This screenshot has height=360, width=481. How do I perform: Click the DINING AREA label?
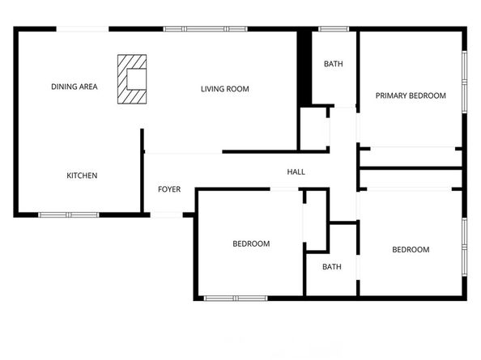pyautogui.click(x=74, y=87)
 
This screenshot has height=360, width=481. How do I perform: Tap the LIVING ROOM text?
pyautogui.click(x=224, y=89)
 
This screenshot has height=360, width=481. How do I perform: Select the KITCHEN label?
pyautogui.click(x=82, y=176)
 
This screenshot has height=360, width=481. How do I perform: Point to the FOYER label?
pyautogui.click(x=168, y=189)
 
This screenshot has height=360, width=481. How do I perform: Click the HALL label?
pyautogui.click(x=296, y=172)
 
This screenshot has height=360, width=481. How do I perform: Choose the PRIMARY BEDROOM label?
pyautogui.click(x=411, y=95)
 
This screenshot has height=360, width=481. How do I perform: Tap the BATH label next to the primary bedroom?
pyautogui.click(x=333, y=64)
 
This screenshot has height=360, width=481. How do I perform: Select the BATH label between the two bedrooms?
pyautogui.click(x=331, y=267)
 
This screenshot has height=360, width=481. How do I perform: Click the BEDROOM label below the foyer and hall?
pyautogui.click(x=251, y=244)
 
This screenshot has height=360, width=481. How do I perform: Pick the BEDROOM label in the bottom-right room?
pyautogui.click(x=411, y=250)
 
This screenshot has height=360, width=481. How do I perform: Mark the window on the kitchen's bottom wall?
pyautogui.click(x=68, y=215)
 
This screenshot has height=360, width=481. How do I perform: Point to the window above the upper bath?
pyautogui.click(x=333, y=29)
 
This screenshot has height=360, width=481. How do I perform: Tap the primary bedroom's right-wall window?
pyautogui.click(x=465, y=79)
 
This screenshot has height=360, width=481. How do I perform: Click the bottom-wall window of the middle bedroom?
pyautogui.click(x=235, y=298)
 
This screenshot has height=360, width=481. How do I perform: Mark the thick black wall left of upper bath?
pyautogui.click(x=304, y=68)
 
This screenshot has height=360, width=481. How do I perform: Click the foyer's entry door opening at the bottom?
pyautogui.click(x=168, y=214)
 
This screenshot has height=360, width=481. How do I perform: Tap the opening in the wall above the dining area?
pyautogui.click(x=83, y=29)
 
